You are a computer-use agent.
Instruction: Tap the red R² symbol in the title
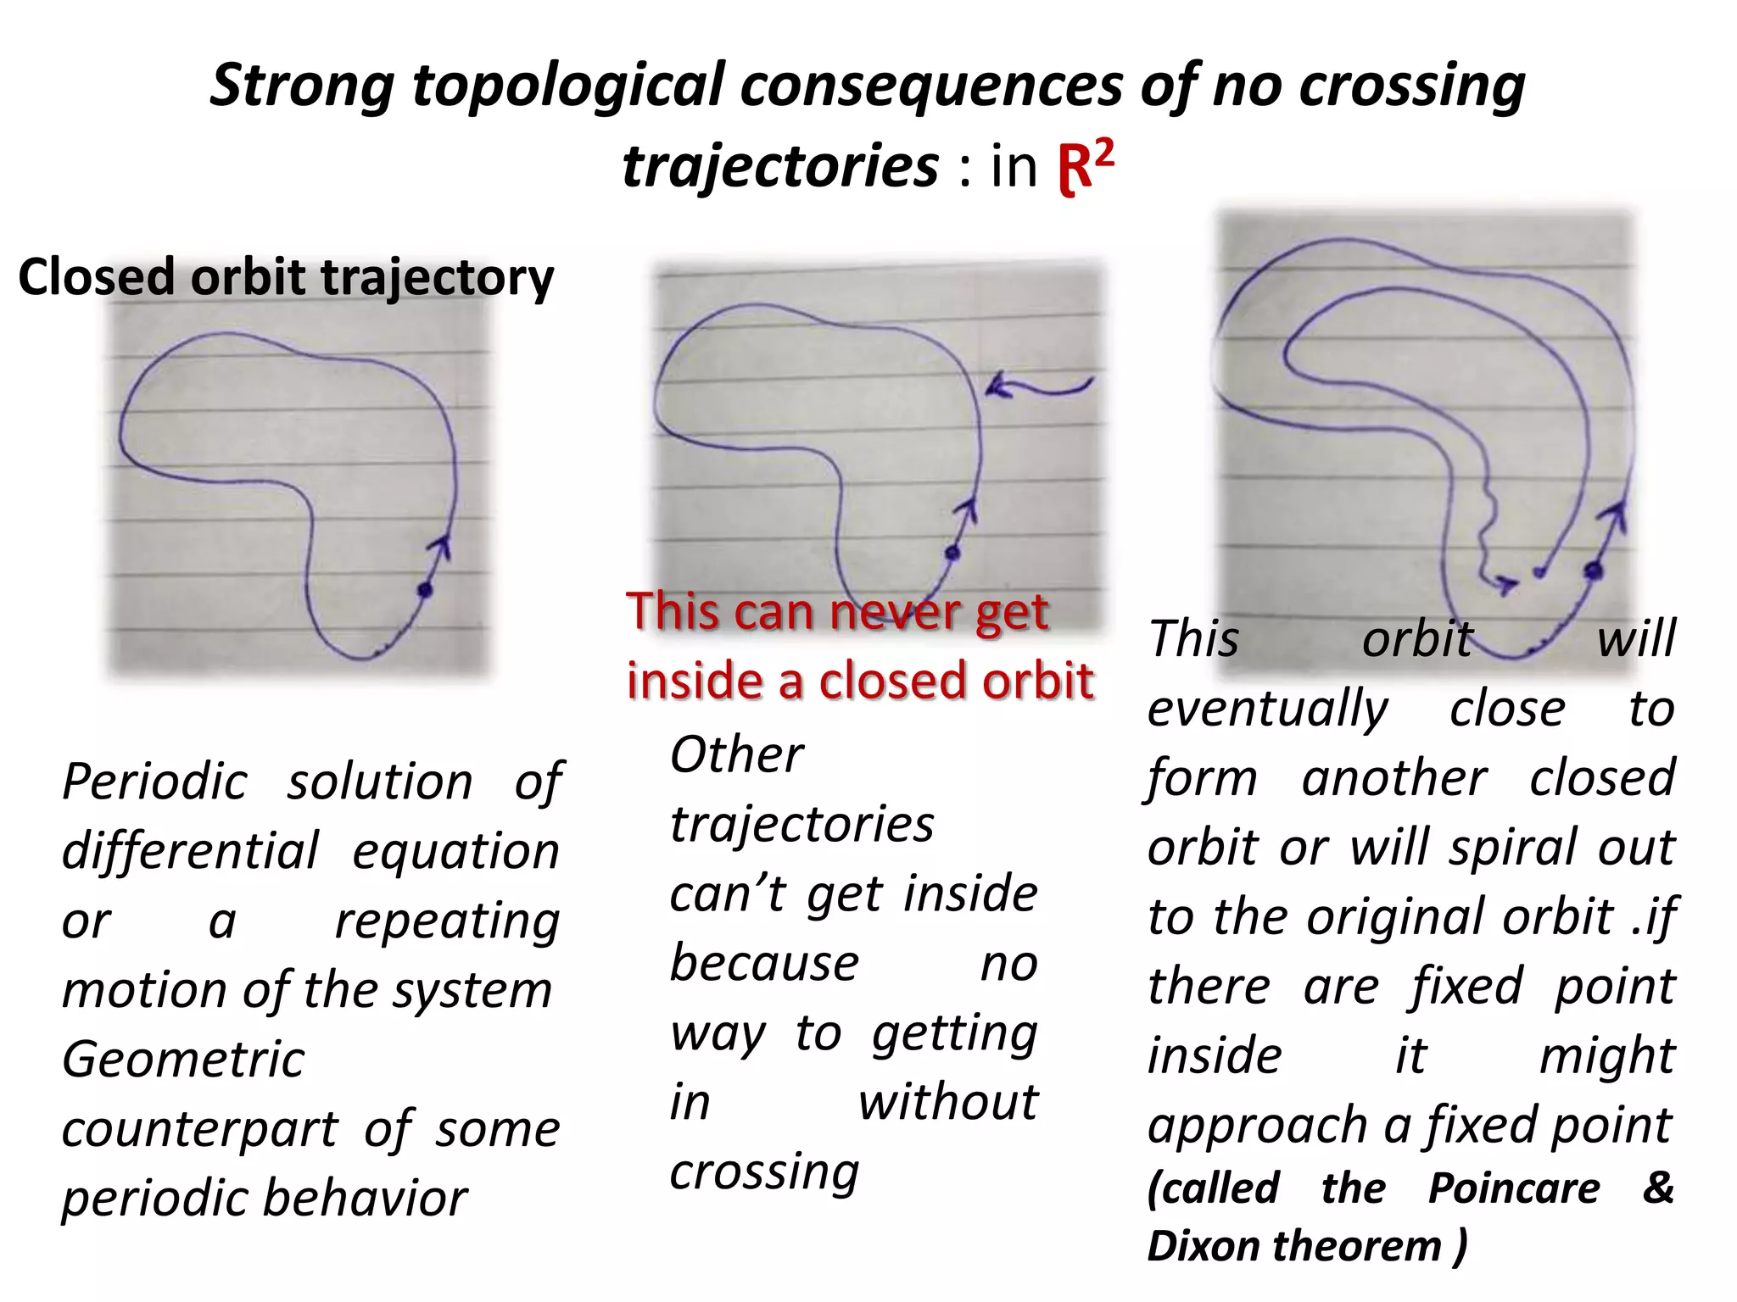click(x=1086, y=166)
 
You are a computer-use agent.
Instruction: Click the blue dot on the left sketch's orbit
click(x=425, y=590)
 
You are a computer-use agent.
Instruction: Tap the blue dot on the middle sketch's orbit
click(x=952, y=554)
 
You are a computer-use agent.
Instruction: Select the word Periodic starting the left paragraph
click(x=155, y=782)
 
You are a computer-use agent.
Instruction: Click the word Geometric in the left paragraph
click(x=183, y=1060)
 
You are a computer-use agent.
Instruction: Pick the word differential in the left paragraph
click(x=191, y=851)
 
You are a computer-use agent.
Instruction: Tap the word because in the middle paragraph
click(x=764, y=964)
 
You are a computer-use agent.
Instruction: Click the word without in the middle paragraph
click(x=947, y=1103)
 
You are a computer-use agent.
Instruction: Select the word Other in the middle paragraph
click(x=736, y=754)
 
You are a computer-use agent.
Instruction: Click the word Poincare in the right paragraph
click(x=1514, y=1188)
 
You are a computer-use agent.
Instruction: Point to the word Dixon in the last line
click(x=1203, y=1246)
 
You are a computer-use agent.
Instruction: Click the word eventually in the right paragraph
click(x=1268, y=709)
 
